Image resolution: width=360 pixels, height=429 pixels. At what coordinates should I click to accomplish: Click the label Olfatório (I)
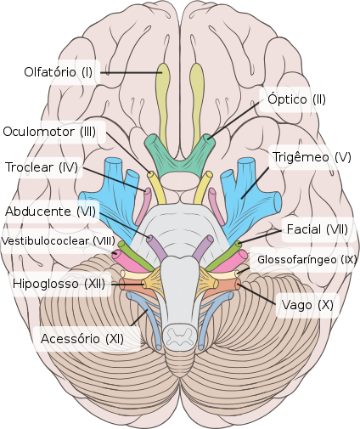coord(59,72)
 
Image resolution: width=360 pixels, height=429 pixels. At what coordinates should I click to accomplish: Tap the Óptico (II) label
coord(296,99)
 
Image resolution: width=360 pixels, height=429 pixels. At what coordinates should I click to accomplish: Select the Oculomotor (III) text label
coord(49,132)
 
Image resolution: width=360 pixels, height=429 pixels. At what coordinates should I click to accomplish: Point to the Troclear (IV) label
coord(42,167)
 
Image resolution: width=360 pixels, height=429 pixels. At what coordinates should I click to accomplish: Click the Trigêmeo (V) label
coord(312,157)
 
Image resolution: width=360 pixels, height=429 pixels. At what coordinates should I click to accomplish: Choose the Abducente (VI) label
coord(51,212)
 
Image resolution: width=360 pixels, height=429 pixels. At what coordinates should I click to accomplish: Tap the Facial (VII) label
coord(318,229)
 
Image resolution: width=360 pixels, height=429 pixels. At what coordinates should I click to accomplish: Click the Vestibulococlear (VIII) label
coord(59,241)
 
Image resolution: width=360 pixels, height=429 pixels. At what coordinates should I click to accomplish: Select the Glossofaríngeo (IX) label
coord(307,259)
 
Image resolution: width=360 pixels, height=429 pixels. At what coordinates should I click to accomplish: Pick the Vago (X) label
coord(307,305)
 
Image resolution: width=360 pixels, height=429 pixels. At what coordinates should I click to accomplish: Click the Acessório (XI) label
coord(82,339)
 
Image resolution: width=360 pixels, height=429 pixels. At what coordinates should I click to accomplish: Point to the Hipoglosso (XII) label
coord(59,284)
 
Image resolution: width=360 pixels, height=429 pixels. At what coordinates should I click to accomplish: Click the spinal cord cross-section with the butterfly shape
coord(180,336)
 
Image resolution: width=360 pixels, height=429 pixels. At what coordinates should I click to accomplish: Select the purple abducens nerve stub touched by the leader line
coord(155,246)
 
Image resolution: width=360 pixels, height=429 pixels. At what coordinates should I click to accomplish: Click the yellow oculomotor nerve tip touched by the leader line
coord(150,174)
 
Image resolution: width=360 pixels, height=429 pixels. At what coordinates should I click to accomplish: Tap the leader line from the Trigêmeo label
coord(255,183)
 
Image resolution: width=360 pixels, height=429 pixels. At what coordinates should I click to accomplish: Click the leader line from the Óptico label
coord(233,120)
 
